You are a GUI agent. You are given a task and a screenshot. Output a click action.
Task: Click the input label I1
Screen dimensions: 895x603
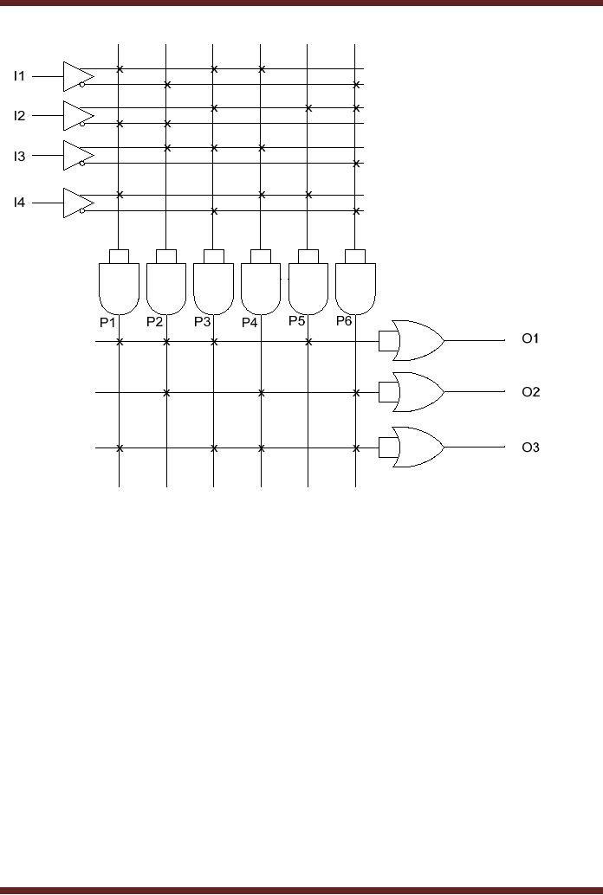[19, 76]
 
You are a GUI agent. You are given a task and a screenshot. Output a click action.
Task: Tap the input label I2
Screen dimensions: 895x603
[19, 115]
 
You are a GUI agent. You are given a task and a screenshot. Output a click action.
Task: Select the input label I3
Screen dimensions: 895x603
[19, 156]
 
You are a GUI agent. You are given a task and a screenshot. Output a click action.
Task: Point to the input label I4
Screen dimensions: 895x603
[19, 203]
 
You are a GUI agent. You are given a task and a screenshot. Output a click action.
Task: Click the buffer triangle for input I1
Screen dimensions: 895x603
[76, 76]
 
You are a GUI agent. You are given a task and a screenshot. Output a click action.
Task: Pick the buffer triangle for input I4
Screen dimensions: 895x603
[76, 203]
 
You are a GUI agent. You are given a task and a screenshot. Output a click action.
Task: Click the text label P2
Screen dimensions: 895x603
[154, 322]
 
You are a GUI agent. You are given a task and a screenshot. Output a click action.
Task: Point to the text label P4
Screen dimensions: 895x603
[250, 323]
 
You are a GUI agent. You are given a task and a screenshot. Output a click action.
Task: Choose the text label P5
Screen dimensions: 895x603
[297, 321]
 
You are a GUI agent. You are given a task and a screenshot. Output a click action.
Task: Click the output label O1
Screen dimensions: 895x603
[530, 338]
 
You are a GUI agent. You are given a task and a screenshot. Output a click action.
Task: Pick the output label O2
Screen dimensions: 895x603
[530, 392]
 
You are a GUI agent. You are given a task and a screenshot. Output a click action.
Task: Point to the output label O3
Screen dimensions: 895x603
[530, 447]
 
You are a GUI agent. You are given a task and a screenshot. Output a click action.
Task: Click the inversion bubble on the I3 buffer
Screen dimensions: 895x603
[82, 163]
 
